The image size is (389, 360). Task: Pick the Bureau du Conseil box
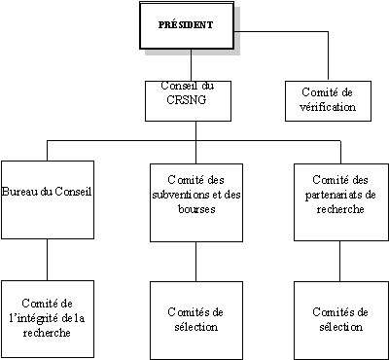click(47, 199)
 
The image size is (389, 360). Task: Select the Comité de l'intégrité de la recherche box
click(47, 317)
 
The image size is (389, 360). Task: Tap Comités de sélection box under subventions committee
click(195, 317)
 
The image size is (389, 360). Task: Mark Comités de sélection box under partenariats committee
click(339, 317)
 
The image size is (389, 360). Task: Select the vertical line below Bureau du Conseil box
click(47, 260)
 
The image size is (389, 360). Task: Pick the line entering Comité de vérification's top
click(328, 58)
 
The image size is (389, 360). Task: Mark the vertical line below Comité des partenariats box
click(339, 260)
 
